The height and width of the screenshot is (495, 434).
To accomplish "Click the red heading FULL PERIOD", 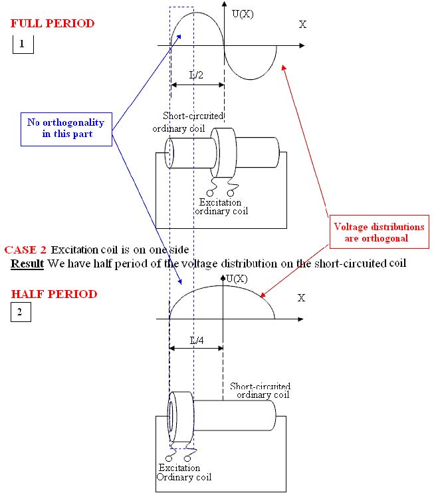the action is point(53,23).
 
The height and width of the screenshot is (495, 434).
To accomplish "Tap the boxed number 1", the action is point(23,44).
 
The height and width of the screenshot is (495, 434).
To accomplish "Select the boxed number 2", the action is point(21,312).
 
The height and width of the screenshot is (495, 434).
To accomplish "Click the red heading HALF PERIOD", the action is point(54,294).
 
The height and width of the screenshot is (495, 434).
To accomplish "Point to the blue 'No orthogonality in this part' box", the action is point(66,129).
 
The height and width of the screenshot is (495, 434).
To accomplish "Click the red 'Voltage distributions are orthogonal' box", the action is point(379,232).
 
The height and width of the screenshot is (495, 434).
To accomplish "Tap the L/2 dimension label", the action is point(196,75).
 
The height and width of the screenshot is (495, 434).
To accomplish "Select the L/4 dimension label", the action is point(197,341).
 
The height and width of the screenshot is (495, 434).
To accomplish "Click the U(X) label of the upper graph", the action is point(243,14).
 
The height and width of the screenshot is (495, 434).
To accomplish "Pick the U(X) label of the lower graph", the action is point(237,279).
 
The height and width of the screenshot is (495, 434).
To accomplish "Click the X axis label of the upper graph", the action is point(302,25).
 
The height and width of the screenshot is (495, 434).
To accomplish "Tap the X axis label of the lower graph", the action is point(301,297).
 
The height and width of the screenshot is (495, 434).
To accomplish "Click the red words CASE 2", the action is point(25,249).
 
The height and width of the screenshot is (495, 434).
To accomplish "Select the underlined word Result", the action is point(27,263).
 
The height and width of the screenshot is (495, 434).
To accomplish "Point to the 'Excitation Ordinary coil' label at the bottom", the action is point(184,472).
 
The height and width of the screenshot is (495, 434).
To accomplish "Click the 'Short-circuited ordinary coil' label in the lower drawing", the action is point(260,391).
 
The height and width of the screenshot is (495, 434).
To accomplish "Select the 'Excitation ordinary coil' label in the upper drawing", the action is point(221,206).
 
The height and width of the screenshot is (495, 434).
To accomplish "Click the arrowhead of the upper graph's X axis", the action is point(302,45).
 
